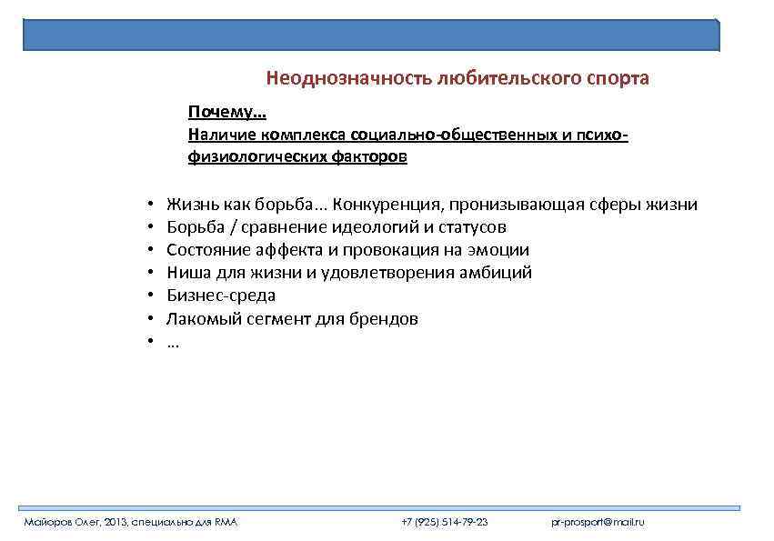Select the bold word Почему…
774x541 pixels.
(226, 112)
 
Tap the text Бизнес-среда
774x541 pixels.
(221, 296)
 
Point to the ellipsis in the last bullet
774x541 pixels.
(174, 343)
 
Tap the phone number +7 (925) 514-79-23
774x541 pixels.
(445, 522)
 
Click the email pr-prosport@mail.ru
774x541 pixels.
(598, 522)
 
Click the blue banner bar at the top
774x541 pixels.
(371, 34)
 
